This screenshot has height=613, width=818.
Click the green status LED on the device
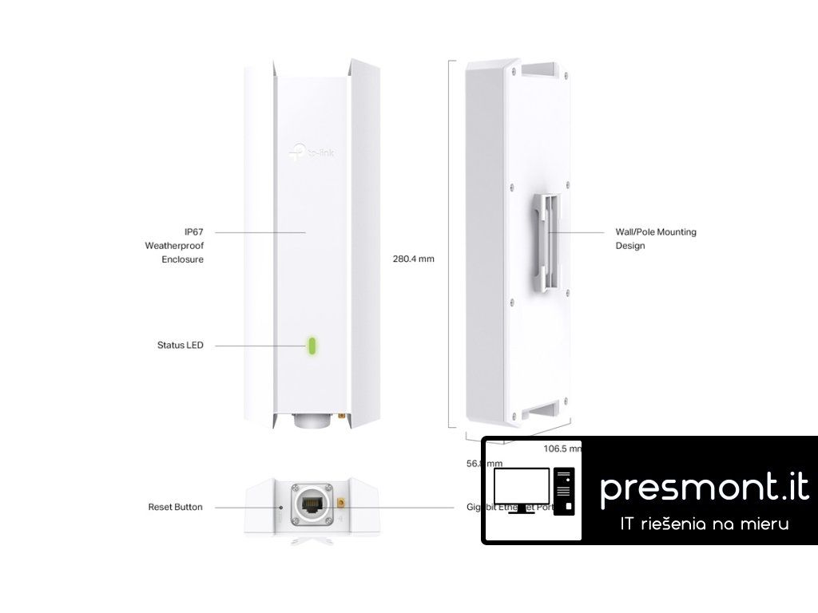(x=314, y=346)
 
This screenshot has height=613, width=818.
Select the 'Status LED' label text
(x=180, y=346)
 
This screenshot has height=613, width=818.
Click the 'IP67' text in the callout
(x=193, y=231)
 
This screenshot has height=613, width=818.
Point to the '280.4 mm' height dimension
(x=414, y=259)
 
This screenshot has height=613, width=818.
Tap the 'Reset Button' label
(x=175, y=507)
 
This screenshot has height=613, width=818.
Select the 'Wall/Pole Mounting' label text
(x=655, y=232)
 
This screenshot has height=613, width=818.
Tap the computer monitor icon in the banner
(x=522, y=488)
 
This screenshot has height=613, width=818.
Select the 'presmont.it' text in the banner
(x=704, y=487)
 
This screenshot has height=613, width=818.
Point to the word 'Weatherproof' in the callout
(x=174, y=246)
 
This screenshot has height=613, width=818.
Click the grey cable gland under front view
(x=312, y=421)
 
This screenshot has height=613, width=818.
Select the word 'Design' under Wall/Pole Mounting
(x=629, y=246)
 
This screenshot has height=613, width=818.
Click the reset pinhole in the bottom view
(x=281, y=506)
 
